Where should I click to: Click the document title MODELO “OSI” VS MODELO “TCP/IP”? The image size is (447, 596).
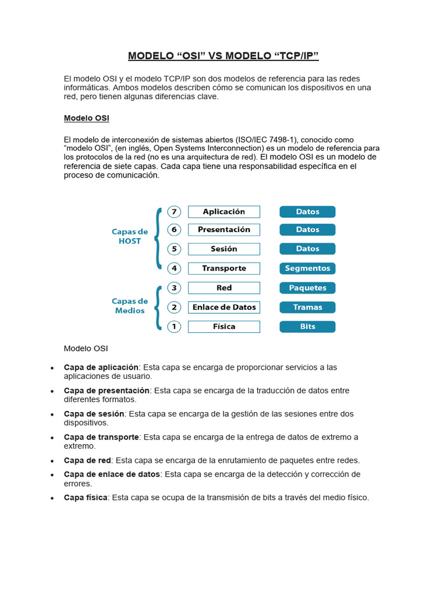click(x=223, y=56)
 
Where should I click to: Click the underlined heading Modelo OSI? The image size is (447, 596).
click(x=86, y=118)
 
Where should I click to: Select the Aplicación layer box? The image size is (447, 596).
click(x=223, y=212)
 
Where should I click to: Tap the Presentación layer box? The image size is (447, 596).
click(x=223, y=230)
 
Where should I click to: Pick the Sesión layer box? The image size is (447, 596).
click(x=223, y=249)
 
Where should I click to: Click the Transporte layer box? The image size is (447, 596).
click(x=223, y=268)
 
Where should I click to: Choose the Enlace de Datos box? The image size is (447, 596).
click(x=223, y=307)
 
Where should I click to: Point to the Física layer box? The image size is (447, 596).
click(x=223, y=327)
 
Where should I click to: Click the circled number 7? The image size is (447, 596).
click(x=173, y=212)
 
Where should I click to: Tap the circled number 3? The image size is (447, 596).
click(x=173, y=288)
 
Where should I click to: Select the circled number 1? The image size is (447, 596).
click(x=173, y=327)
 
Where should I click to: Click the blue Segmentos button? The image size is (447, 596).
click(x=307, y=268)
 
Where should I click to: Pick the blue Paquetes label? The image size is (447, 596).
click(x=307, y=288)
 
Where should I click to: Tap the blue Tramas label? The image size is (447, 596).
click(x=307, y=307)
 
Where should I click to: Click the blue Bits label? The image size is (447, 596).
click(x=307, y=327)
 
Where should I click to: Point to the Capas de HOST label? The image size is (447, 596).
click(x=130, y=236)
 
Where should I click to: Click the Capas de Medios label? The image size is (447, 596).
click(x=130, y=306)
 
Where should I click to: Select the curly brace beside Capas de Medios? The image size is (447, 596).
click(x=158, y=307)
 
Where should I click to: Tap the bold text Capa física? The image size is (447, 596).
click(x=86, y=498)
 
